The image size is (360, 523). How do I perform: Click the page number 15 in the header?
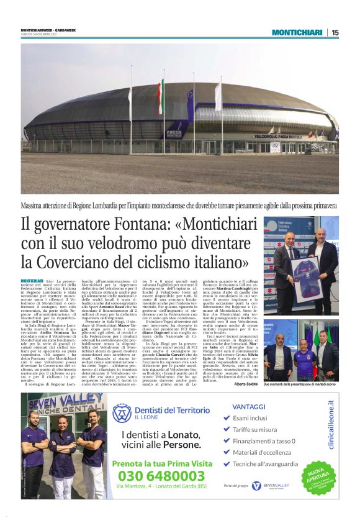pyautogui.click(x=335, y=32)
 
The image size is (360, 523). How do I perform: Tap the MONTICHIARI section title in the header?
pyautogui.click(x=297, y=32)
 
